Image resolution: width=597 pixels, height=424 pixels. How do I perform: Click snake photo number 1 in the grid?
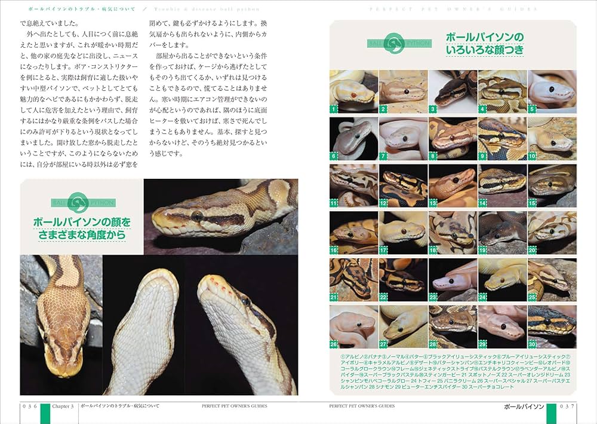pos(354,91)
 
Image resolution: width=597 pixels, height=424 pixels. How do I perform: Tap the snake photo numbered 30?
pos(552,327)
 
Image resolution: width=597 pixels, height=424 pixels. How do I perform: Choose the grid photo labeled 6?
pos(354,138)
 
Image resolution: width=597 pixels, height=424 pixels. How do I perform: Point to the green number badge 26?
pos(334,344)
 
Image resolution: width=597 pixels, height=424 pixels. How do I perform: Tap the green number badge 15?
pos(532,203)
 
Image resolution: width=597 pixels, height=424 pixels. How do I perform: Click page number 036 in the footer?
pos(29,406)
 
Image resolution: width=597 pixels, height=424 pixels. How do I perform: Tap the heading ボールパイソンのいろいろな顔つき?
pos(484,44)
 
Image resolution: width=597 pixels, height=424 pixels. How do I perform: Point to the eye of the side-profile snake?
pos(196,215)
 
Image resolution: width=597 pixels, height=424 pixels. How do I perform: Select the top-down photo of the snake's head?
pos(61,326)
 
